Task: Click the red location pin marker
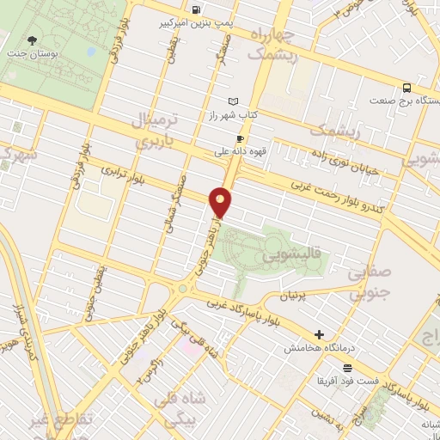point(222,202)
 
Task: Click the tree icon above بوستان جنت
point(33,40)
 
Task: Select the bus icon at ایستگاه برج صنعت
point(406,87)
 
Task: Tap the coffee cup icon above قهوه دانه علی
point(241,138)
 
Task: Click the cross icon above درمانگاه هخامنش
point(320,334)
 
